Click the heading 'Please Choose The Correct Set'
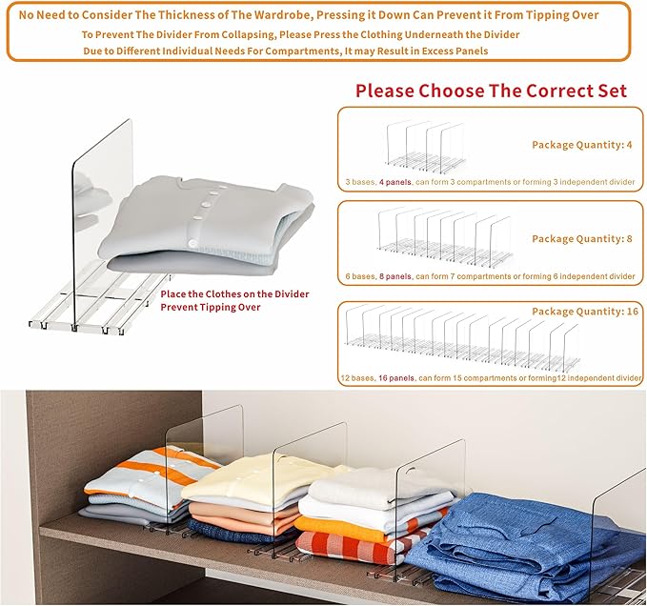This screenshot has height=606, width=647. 491,91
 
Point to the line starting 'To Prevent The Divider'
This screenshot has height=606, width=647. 300,34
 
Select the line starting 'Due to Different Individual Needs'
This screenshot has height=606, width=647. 284,50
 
